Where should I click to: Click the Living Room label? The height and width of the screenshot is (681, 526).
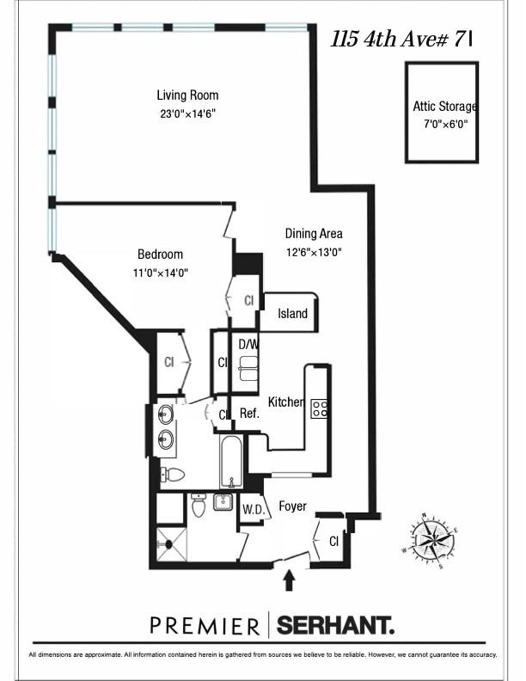coord(187,95)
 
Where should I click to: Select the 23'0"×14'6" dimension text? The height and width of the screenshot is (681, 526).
coord(187,112)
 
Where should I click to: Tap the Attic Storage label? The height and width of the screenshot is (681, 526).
coord(444,107)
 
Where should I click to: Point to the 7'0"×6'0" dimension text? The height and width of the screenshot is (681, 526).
coord(445,124)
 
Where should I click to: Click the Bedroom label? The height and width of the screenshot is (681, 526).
coord(160,255)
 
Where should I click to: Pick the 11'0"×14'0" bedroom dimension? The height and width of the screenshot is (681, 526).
coord(160,273)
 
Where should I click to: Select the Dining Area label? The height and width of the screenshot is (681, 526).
coord(314,233)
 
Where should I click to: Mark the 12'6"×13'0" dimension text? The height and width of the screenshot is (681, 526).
coord(314,251)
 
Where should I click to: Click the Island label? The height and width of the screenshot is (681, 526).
coord(292,314)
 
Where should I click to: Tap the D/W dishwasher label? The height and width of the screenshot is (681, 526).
coord(248,344)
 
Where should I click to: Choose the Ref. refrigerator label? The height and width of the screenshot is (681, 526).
coord(249,414)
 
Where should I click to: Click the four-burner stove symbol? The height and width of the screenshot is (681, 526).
coord(319,408)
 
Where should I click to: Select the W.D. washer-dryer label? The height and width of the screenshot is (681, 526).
coord(252,509)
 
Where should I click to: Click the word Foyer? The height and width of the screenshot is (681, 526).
coord(292,506)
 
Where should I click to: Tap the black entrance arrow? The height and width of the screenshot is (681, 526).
coord(289,582)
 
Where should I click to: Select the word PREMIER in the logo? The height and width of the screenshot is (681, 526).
coord(205,624)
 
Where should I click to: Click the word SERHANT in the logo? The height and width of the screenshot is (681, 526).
coord(334,624)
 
